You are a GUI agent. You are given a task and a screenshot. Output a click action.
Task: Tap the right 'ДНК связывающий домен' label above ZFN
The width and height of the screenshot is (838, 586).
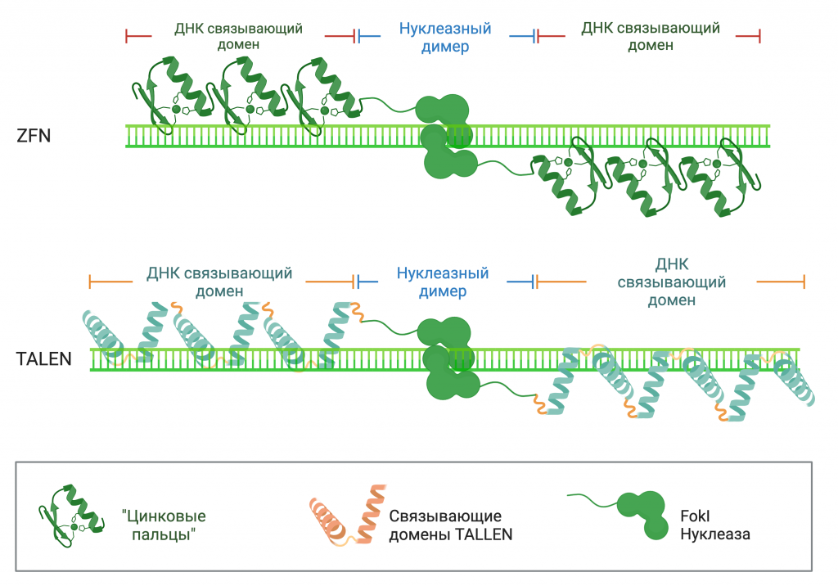651,36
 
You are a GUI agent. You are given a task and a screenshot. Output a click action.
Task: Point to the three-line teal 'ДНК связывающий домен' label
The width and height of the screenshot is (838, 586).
671,282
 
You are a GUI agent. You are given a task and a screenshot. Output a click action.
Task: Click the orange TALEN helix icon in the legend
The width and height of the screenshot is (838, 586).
348,519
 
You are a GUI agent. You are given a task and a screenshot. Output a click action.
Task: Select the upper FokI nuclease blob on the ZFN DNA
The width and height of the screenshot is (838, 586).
443,110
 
